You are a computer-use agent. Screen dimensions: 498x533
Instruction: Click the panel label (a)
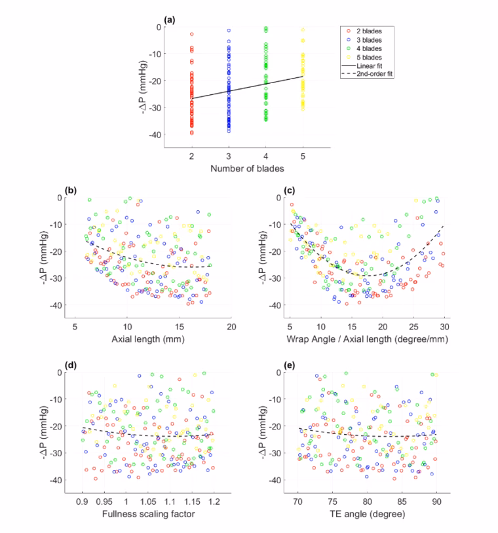pyautogui.click(x=170, y=20)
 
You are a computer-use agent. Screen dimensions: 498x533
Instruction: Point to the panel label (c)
pyautogui.click(x=289, y=191)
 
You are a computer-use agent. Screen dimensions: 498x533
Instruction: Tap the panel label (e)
pyautogui.click(x=289, y=365)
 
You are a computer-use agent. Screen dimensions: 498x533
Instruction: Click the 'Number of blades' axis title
pyautogui.click(x=247, y=168)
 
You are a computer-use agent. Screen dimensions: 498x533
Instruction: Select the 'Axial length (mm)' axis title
pyautogui.click(x=148, y=339)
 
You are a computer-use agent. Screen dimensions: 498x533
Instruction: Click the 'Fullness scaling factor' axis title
pyautogui.click(x=148, y=513)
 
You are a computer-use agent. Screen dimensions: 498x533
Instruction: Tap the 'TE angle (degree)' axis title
pyautogui.click(x=367, y=514)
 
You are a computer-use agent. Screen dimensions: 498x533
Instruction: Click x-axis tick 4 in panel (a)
pyautogui.click(x=265, y=156)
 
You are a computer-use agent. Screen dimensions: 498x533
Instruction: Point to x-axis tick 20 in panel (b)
pyautogui.click(x=231, y=327)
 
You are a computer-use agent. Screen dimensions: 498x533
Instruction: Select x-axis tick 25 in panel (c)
pyautogui.click(x=413, y=327)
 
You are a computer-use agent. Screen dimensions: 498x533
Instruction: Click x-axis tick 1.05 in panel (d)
pyautogui.click(x=148, y=502)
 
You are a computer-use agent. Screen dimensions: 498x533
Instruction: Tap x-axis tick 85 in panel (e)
pyautogui.click(x=402, y=502)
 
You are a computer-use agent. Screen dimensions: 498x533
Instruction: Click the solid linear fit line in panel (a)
pyautogui.click(x=247, y=87)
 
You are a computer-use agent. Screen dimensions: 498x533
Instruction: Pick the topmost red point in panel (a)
pyautogui.click(x=192, y=34)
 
